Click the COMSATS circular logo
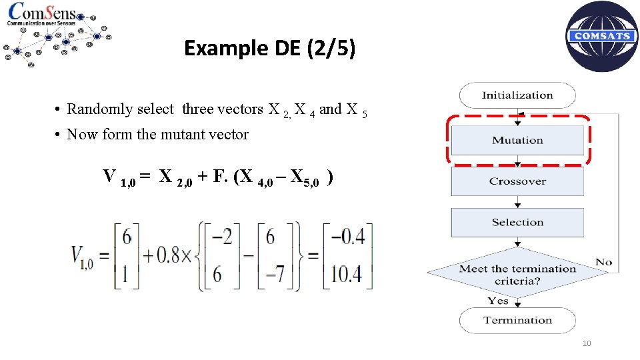click(601, 36)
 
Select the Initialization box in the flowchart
click(517, 95)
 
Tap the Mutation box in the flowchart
click(517, 140)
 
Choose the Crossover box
click(517, 181)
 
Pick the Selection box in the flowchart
click(517, 223)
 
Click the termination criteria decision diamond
click(517, 274)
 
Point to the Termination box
click(517, 320)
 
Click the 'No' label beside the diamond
click(604, 262)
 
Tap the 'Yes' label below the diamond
click(497, 301)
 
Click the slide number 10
click(587, 343)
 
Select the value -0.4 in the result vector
click(348, 237)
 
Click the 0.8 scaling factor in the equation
click(167, 256)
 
